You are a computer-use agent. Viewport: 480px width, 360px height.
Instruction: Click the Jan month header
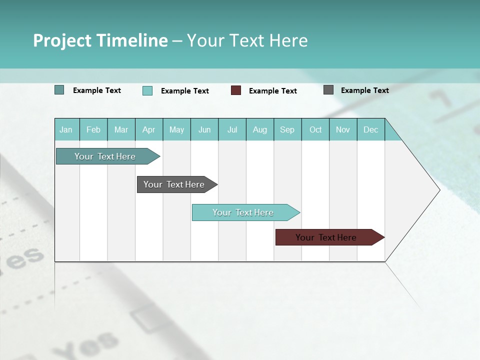click(66, 129)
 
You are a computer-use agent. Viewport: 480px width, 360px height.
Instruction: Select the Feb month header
click(93, 129)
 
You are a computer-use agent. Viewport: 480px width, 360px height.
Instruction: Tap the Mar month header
click(121, 129)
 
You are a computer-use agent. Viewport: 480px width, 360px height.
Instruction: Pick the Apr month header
click(149, 129)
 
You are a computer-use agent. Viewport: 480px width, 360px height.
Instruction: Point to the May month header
click(176, 129)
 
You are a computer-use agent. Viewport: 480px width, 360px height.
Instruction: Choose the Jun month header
click(204, 129)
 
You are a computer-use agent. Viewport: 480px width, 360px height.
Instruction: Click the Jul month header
click(232, 129)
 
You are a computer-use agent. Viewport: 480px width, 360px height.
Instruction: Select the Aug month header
click(260, 129)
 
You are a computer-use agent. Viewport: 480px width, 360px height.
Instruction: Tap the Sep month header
click(287, 129)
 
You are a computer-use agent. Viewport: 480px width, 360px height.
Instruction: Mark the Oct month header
click(315, 129)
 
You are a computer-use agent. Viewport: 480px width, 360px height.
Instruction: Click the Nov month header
click(343, 129)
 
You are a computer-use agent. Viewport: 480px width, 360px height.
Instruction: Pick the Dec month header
click(371, 129)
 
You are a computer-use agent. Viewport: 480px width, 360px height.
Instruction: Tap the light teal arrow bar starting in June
click(243, 212)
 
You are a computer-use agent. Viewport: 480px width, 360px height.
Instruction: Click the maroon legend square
click(236, 90)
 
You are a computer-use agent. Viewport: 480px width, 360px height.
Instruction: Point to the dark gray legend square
click(328, 90)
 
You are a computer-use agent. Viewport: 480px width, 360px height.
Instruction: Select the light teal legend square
click(147, 90)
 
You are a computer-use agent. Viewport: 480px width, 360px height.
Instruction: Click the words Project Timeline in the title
click(100, 40)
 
